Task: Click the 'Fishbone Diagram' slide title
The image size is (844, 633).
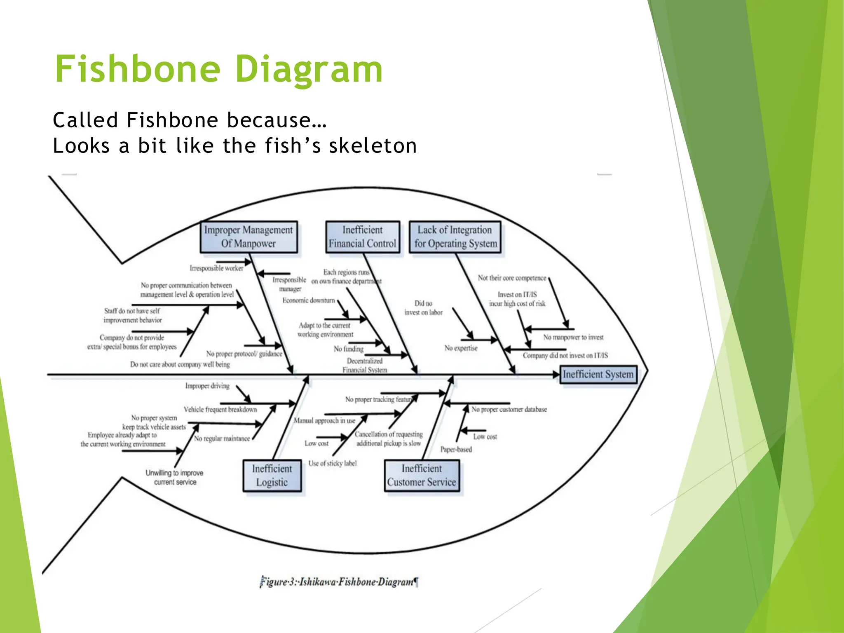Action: [218, 69]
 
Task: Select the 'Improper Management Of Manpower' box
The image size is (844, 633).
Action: [249, 237]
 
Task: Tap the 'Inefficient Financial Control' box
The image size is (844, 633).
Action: [363, 237]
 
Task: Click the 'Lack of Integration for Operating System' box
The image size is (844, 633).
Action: [455, 237]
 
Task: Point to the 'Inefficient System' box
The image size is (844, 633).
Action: [598, 374]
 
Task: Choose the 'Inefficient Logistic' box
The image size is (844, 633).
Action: [272, 475]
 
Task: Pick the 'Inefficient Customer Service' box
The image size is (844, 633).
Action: [422, 475]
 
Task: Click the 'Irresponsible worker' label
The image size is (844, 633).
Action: [216, 268]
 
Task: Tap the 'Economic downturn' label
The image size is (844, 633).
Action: [309, 300]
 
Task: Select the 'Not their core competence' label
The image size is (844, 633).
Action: [512, 278]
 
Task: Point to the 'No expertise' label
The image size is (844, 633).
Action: [461, 348]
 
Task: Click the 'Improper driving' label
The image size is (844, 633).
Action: [207, 386]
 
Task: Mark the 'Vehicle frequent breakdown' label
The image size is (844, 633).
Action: [220, 409]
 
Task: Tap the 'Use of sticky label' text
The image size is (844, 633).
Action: [333, 463]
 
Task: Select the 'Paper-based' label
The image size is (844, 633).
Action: [456, 449]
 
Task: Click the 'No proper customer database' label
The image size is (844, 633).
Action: [509, 409]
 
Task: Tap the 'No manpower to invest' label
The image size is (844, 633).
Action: [573, 337]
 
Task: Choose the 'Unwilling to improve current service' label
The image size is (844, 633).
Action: [175, 477]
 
